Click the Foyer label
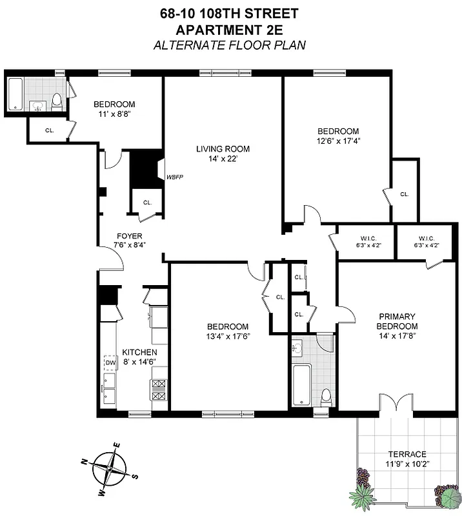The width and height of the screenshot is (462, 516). click(x=129, y=236)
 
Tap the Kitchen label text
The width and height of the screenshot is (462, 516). click(x=139, y=352)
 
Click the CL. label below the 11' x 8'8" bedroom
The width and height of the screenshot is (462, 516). click(x=49, y=130)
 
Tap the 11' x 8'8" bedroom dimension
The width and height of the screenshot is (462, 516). click(x=114, y=115)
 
